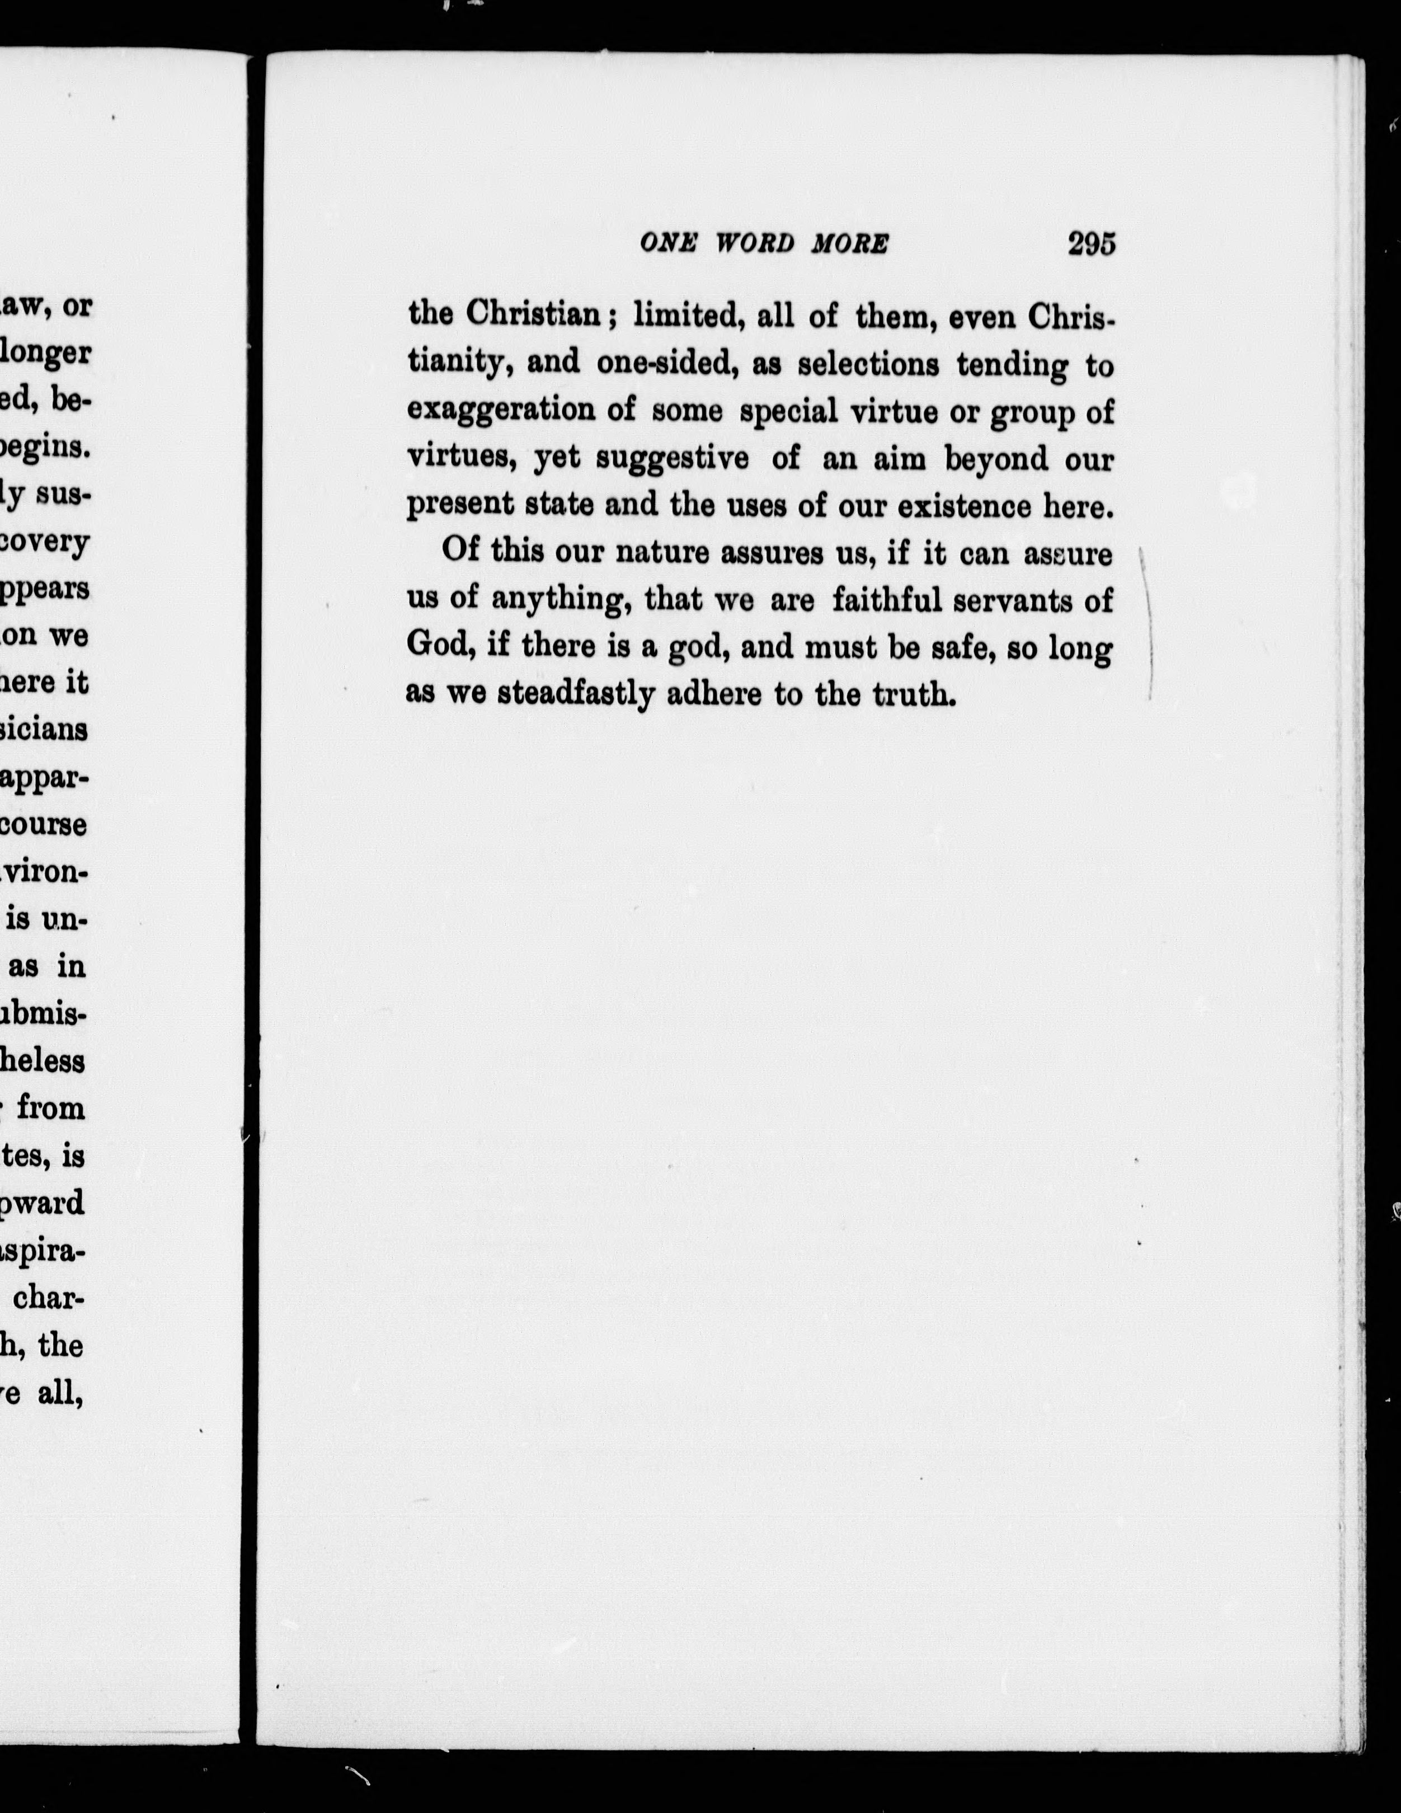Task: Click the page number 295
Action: (x=1092, y=244)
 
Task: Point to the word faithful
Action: (x=886, y=600)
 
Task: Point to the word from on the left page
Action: (x=51, y=1108)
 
